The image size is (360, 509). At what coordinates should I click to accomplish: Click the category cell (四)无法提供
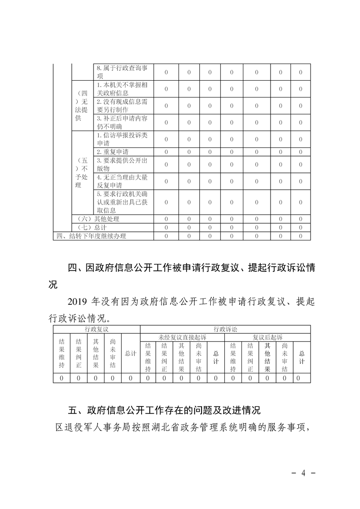click(x=82, y=106)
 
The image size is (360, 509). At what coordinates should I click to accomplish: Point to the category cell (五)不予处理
click(x=82, y=173)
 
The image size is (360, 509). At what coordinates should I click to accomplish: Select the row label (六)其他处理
click(x=99, y=219)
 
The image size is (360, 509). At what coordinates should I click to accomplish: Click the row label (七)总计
click(x=93, y=227)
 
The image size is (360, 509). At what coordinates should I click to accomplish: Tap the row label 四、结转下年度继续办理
click(x=91, y=236)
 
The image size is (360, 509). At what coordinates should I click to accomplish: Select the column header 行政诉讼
click(x=225, y=328)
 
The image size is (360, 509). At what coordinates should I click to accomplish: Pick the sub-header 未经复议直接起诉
click(x=182, y=337)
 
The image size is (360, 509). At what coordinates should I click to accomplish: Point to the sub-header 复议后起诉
click(x=267, y=337)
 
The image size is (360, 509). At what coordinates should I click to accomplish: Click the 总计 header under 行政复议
click(x=131, y=353)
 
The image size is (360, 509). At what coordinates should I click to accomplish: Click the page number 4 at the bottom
click(x=303, y=473)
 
